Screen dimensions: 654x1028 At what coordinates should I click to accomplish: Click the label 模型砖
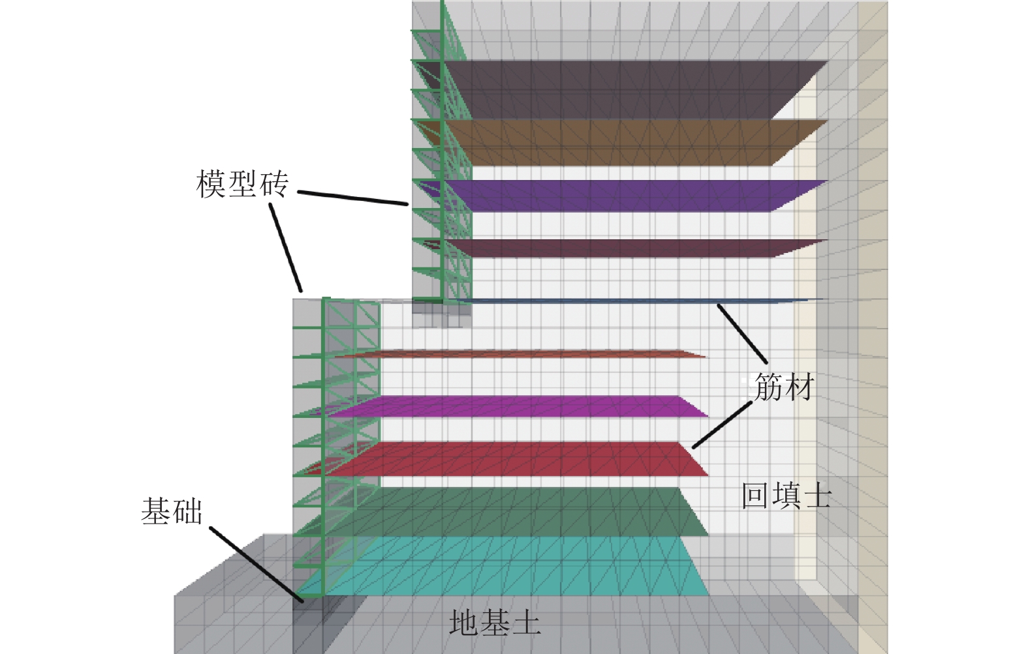242,185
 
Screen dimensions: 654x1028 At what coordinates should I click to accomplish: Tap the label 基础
172,511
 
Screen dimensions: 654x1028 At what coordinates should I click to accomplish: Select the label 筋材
784,388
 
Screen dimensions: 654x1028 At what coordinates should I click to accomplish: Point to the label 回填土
786,496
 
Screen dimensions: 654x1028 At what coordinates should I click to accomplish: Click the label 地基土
495,623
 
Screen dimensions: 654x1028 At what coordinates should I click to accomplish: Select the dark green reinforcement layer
522,512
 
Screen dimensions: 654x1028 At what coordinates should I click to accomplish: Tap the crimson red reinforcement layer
522,459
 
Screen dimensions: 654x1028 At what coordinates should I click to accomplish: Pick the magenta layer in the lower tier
522,406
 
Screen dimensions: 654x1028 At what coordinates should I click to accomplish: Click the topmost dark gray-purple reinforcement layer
620,88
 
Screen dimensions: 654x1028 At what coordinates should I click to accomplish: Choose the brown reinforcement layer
620,142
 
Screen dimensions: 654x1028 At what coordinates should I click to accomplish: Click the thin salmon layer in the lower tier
522,355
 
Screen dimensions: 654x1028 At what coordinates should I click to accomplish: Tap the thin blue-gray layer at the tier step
620,301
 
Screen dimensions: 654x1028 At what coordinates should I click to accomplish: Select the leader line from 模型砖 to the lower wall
286,248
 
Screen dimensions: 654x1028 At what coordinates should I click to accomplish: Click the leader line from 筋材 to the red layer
722,425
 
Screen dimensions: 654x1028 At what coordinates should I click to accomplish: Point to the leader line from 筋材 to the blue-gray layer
742,333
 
